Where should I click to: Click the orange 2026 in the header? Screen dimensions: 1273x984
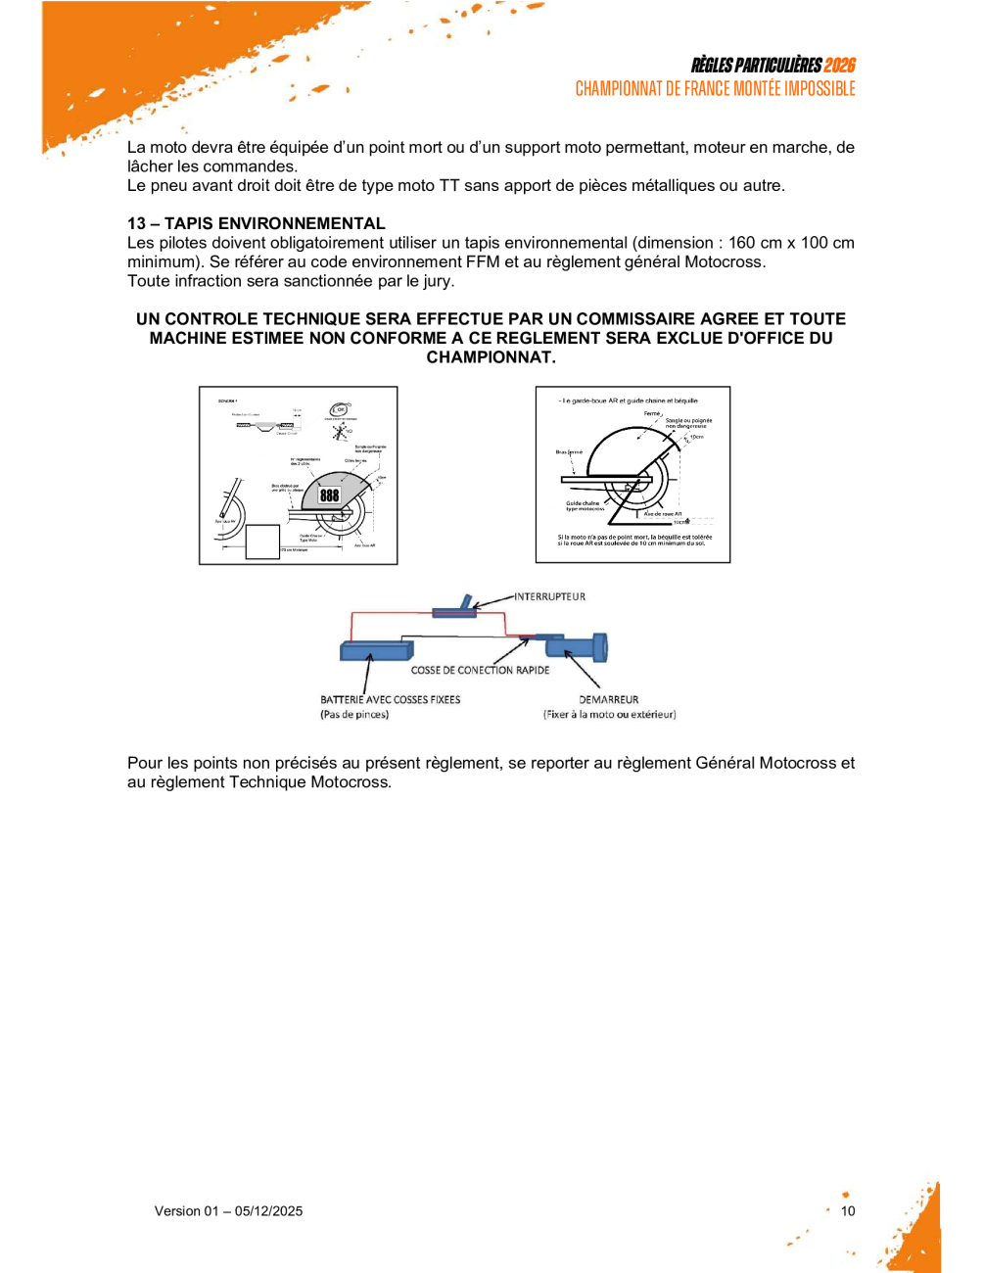point(839,66)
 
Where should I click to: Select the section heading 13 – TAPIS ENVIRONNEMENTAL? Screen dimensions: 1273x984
point(257,223)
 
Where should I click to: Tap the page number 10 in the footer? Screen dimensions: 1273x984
point(848,1211)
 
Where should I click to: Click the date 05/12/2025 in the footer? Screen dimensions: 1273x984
point(268,1211)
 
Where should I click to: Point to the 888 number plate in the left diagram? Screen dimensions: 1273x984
point(330,495)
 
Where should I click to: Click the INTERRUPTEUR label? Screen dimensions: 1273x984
point(550,596)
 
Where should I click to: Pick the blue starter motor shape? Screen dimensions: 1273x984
point(578,646)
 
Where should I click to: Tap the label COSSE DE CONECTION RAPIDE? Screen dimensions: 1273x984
point(480,671)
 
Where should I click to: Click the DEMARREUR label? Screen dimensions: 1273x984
point(608,700)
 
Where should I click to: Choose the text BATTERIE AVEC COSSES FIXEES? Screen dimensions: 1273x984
point(390,700)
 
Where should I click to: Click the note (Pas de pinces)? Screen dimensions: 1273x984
point(353,715)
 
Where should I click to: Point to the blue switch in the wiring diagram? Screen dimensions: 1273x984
point(455,611)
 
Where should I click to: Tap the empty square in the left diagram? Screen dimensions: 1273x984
point(262,542)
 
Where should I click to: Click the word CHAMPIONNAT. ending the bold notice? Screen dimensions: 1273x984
point(491,357)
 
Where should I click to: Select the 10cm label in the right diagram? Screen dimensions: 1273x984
point(696,437)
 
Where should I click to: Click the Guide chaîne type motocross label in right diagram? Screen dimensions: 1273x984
point(585,506)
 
